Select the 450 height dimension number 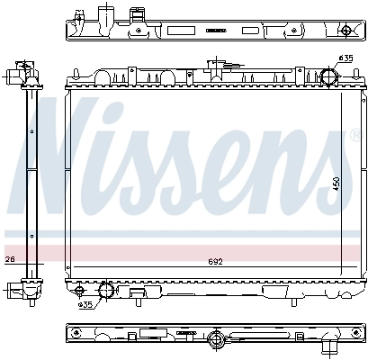(337, 183)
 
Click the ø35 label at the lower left (86, 304)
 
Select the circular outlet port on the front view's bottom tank (105, 290)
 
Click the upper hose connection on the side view (21, 72)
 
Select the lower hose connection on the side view (20, 290)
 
